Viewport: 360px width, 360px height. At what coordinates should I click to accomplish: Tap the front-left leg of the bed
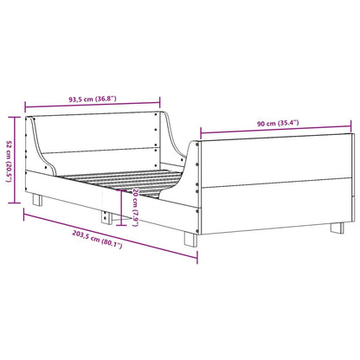36,199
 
